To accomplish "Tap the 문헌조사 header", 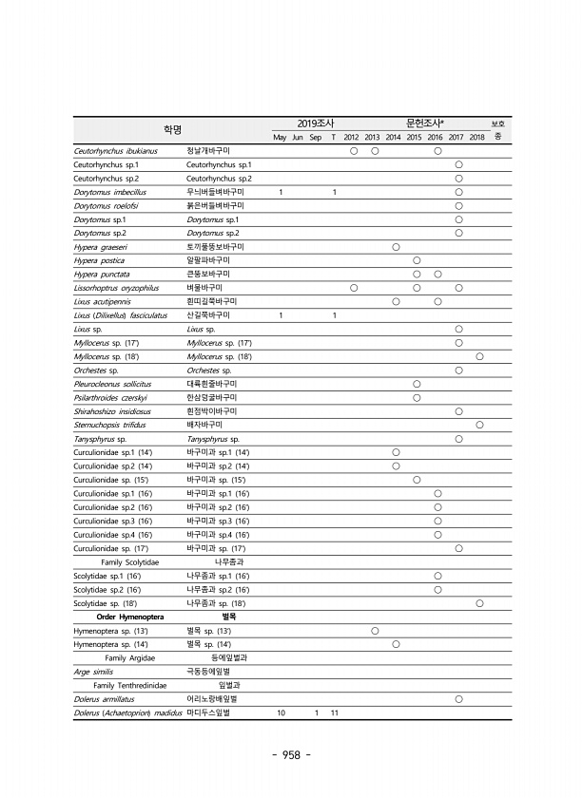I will point(425,123).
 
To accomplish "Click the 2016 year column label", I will point(436,138).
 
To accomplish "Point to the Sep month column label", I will point(315,138).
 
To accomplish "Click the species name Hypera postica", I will point(101,260).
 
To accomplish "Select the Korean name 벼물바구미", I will point(204,288).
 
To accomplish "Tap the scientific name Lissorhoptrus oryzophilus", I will point(116,288).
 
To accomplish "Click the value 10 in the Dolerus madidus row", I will point(281,712).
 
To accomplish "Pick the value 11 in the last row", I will point(334,712).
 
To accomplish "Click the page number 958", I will point(291,755).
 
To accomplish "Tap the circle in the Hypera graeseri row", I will point(396,247).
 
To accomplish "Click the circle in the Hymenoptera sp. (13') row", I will point(375,630).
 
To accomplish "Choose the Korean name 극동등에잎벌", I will point(211,671).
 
